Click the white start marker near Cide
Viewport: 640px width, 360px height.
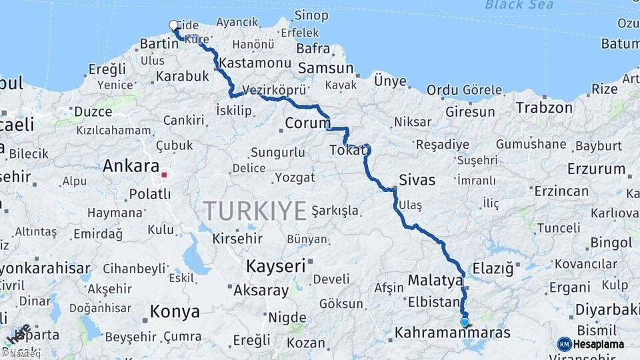pyautogui.click(x=174, y=26)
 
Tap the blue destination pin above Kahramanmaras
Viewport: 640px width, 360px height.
pyautogui.click(x=465, y=322)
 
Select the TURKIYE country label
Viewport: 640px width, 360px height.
pyautogui.click(x=255, y=211)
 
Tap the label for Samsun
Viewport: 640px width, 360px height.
pyautogui.click(x=325, y=68)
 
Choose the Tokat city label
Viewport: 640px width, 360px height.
pyautogui.click(x=347, y=151)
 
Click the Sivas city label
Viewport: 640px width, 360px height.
pyautogui.click(x=417, y=179)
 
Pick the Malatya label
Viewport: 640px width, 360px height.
pyautogui.click(x=435, y=280)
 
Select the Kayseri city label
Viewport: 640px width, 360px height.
pyautogui.click(x=275, y=266)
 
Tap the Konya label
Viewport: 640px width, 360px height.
pyautogui.click(x=175, y=311)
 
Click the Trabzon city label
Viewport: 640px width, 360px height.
pyautogui.click(x=544, y=107)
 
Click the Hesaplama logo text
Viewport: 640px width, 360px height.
pyautogui.click(x=598, y=344)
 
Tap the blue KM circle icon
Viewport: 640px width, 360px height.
pyautogui.click(x=564, y=344)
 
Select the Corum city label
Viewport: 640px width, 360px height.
pyautogui.click(x=307, y=123)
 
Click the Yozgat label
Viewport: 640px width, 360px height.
pyautogui.click(x=295, y=178)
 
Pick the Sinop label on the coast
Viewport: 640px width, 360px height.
pyautogui.click(x=311, y=15)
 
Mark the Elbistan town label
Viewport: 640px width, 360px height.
pyautogui.click(x=433, y=301)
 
